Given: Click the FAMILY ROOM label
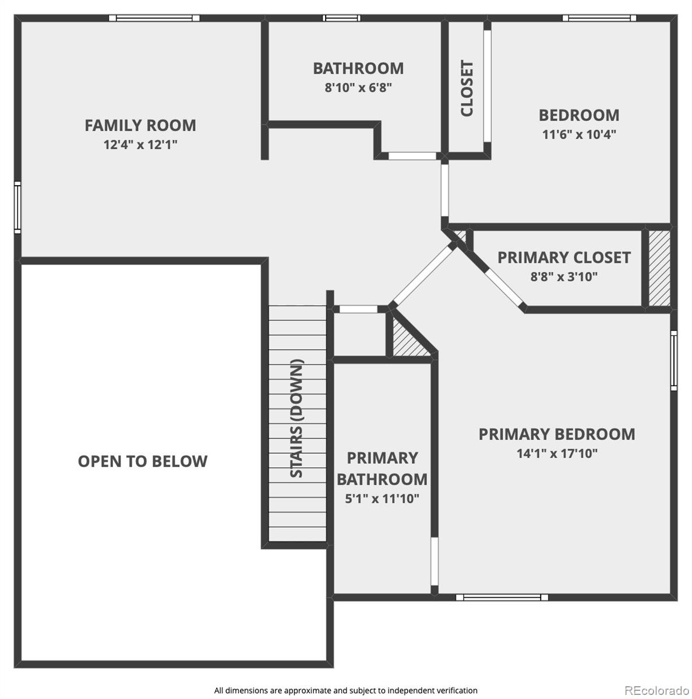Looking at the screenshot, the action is [x=140, y=125].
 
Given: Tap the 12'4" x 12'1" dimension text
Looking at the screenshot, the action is [x=140, y=144].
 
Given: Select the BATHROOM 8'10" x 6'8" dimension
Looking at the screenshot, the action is [x=358, y=87].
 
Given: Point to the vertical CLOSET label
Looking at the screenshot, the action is [x=467, y=89].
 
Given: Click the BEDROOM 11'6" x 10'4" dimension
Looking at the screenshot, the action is [x=579, y=135].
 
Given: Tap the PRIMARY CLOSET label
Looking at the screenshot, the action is [x=563, y=257].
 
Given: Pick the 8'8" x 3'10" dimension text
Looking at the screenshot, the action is [x=563, y=277].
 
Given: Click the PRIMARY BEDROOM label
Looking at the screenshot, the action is [x=557, y=434].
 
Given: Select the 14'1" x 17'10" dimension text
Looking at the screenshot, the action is [x=557, y=453].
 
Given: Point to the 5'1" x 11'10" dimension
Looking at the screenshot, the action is [x=382, y=499].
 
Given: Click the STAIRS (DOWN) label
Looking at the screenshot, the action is [x=296, y=418].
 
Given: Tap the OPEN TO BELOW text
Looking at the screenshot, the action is [x=143, y=461].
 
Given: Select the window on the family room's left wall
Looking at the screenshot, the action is [x=17, y=207].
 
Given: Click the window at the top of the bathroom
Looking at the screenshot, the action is [x=341, y=18].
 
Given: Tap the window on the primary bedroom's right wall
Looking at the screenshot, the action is [x=673, y=360].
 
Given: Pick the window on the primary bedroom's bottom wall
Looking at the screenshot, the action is [x=502, y=597].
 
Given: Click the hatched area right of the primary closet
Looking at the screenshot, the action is [x=659, y=268].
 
